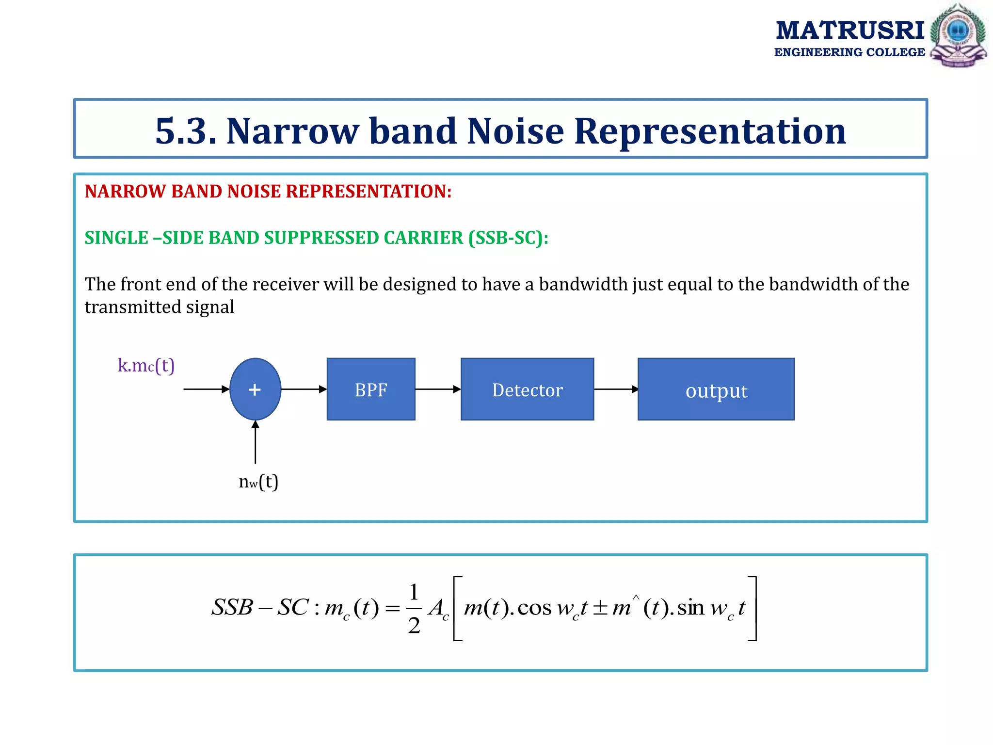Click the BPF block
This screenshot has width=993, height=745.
371,389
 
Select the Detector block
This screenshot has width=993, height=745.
527,389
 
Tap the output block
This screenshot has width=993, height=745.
716,389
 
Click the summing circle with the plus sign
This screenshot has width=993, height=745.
255,389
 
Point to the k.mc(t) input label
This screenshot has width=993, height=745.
146,365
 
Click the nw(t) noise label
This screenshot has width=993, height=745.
258,482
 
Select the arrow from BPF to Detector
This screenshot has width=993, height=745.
437,389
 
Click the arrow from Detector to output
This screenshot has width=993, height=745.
615,389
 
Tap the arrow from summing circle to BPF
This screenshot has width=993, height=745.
304,389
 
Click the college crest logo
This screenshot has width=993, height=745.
958,35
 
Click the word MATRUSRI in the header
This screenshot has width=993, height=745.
850,30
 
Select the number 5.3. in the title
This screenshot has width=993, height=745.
186,131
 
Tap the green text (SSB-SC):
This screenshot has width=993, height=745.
508,238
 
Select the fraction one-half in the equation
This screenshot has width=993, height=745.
414,609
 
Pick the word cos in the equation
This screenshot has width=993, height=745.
534,608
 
